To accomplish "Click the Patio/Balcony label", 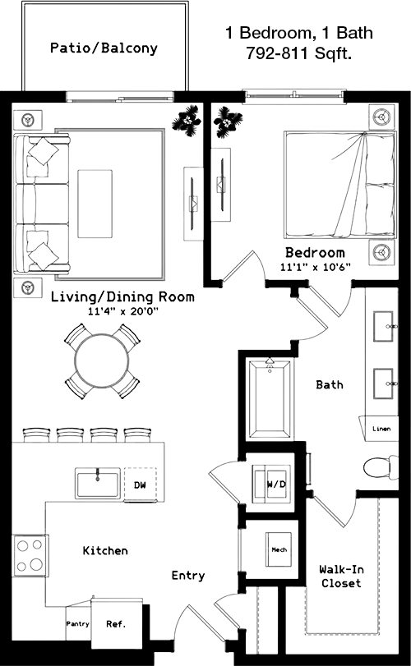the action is [104, 48].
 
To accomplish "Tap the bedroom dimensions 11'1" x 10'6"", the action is [315, 268].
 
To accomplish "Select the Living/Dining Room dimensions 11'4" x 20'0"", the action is [122, 312].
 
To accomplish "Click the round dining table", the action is [102, 361].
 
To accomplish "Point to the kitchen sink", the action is [98, 484].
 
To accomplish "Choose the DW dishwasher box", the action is [141, 485].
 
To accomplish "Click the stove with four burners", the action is [30, 555].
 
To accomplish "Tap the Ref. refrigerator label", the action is [116, 624].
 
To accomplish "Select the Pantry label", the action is [78, 624].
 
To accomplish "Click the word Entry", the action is [188, 576].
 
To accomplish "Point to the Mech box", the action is [279, 549].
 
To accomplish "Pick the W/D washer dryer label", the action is [277, 485].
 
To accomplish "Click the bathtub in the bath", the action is [270, 399].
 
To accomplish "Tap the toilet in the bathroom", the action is [381, 467].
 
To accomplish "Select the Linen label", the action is [381, 429].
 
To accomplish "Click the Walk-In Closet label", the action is [341, 576].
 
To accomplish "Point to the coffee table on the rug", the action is [95, 204].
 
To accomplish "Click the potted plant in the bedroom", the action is [229, 122].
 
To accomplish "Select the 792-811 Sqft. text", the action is [298, 53].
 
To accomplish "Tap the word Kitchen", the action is [105, 550].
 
